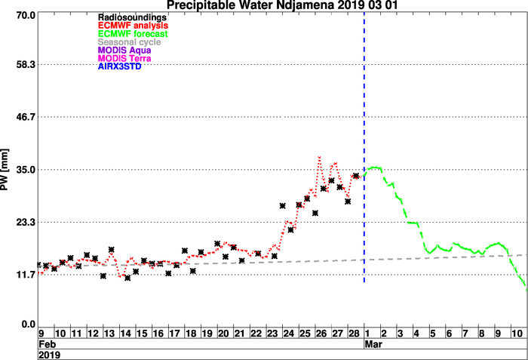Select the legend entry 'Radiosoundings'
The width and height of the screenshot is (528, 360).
(x=132, y=17)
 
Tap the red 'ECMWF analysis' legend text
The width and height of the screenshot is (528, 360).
(x=133, y=26)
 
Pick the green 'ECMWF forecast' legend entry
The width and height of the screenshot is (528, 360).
(x=133, y=34)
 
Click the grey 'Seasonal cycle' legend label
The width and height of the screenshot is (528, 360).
(x=129, y=42)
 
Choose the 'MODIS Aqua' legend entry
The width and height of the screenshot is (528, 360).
(x=124, y=51)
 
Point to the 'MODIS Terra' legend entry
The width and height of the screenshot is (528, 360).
(x=124, y=58)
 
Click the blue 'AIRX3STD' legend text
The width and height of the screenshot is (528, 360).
(x=119, y=66)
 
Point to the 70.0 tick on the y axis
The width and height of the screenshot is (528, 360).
(x=26, y=15)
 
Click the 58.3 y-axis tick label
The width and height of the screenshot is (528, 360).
(x=26, y=64)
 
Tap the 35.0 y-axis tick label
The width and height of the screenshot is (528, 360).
(x=26, y=170)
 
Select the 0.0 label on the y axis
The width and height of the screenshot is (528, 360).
(x=29, y=325)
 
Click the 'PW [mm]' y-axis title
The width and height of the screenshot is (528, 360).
(x=5, y=170)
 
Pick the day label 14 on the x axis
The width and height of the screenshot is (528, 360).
(x=126, y=334)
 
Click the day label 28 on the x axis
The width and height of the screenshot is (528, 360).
(x=355, y=334)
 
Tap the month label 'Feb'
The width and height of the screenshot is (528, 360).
(x=47, y=344)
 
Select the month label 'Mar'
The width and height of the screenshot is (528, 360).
(x=373, y=344)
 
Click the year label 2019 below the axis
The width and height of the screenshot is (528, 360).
(x=50, y=355)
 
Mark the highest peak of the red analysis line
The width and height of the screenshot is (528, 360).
(x=319, y=157)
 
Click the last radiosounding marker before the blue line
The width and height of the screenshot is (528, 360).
(x=356, y=176)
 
